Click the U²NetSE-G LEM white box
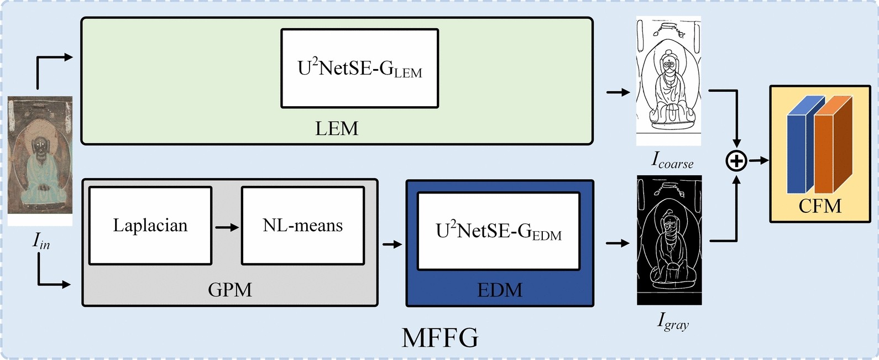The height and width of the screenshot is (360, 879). (359, 68)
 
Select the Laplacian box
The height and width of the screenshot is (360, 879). (150, 226)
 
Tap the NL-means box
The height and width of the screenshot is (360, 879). (302, 226)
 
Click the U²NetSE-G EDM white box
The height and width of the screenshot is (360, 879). (498, 231)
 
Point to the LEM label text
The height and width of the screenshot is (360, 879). (337, 129)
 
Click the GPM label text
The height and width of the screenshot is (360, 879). (229, 290)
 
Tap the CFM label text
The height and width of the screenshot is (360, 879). (820, 206)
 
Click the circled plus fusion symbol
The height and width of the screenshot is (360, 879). (736, 161)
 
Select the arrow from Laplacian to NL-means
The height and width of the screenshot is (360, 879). (227, 227)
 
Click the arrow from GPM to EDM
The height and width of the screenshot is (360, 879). (392, 244)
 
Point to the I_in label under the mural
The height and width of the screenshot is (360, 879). (41, 241)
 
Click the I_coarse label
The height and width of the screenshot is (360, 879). (672, 160)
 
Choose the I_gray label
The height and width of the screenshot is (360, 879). (672, 321)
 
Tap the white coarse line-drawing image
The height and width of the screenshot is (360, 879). (668, 82)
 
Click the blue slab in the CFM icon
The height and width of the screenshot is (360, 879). (798, 149)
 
